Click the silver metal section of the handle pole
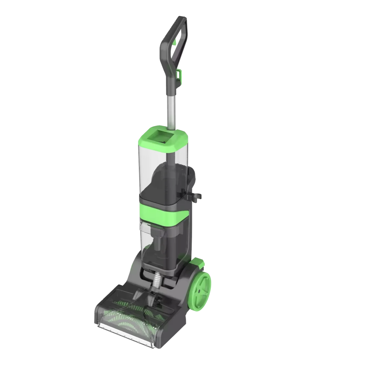(170, 111)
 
